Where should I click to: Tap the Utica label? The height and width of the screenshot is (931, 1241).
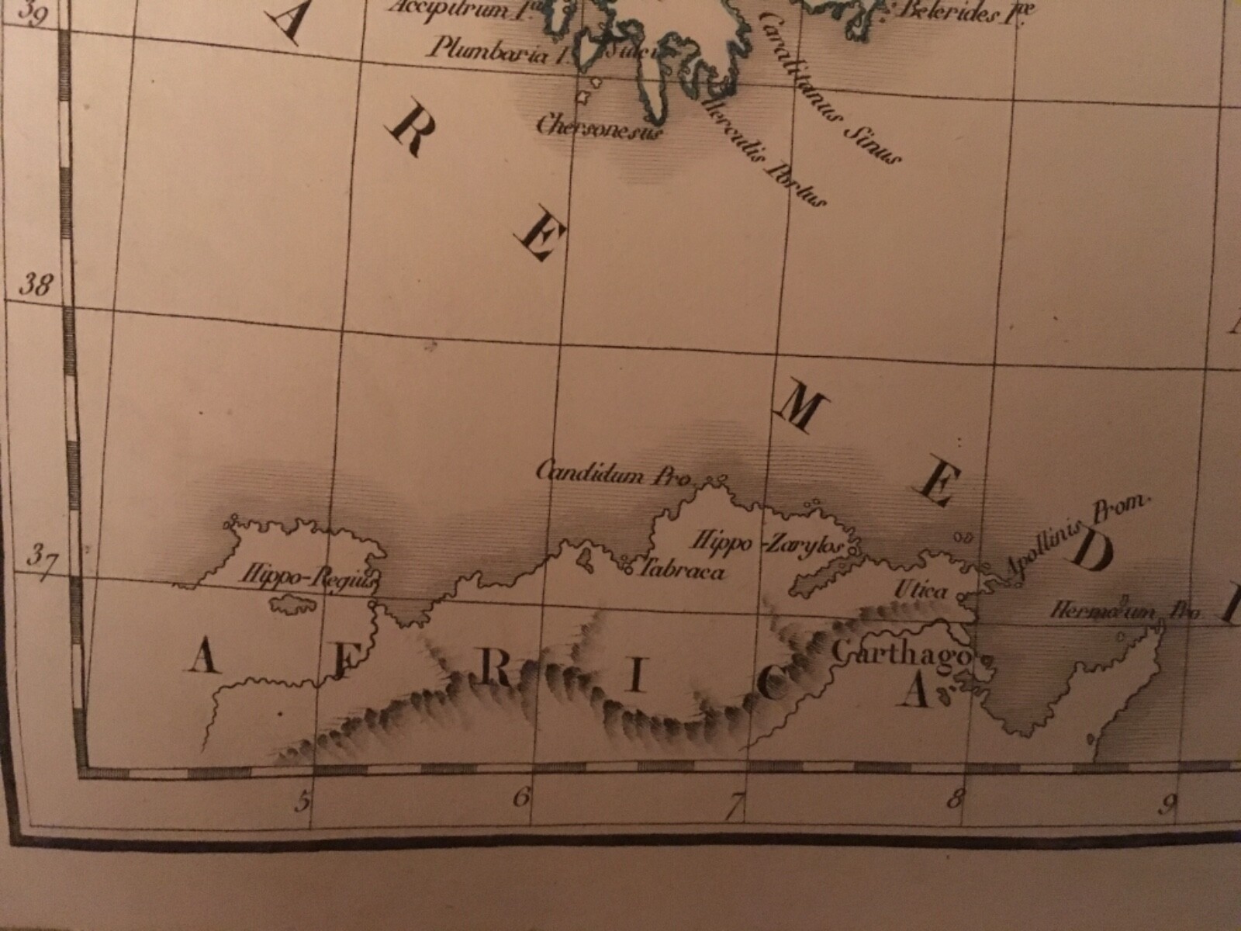coord(921,591)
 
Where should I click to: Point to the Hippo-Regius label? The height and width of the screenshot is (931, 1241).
coord(308,578)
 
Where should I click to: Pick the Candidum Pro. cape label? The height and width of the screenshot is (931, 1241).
coord(614,472)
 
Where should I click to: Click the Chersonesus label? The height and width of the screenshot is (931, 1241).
coord(600,126)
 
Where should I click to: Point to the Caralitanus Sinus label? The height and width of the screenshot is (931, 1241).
coord(830,89)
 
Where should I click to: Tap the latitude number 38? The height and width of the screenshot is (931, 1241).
coord(35,286)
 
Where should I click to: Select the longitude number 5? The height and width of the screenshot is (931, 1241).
coord(302,800)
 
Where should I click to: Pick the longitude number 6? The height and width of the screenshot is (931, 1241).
coord(520,796)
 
